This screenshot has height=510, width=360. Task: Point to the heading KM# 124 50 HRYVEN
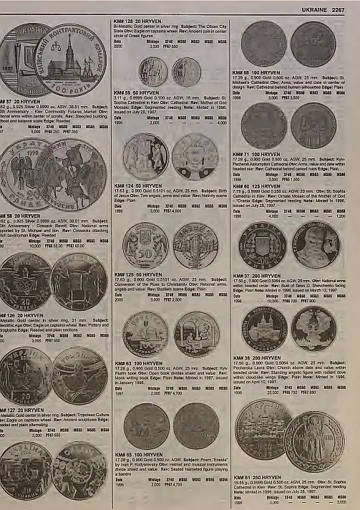[137, 185]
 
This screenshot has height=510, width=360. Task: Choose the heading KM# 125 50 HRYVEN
[137, 274]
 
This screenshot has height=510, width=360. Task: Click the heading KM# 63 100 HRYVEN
[138, 364]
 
